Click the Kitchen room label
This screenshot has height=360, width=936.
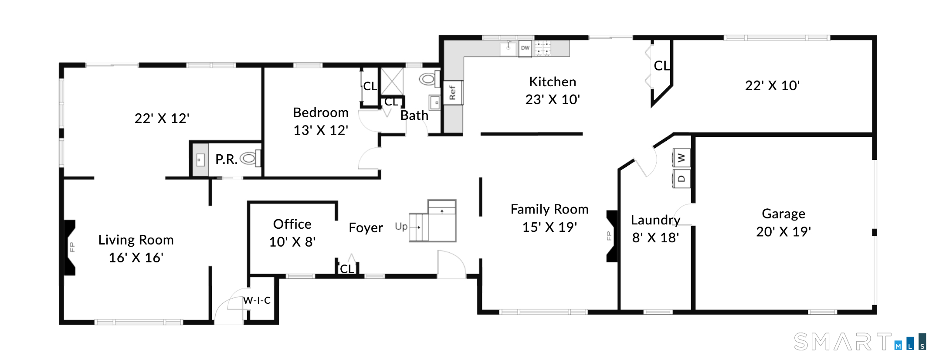pos(553,82)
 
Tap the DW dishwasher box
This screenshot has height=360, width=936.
pos(525,48)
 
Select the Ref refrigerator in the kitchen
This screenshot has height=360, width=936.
pos(453,92)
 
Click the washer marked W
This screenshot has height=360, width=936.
pos(682,158)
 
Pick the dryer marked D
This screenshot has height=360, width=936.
pos(682,179)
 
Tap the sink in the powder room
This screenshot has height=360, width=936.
pos(200,160)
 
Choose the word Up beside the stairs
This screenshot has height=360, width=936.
pos(401,227)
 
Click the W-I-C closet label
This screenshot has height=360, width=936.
pos(257,300)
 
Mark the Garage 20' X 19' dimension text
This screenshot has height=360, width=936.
pos(783,231)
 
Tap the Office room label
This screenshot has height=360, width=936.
pos(292,224)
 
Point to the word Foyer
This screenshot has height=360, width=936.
pos(366,228)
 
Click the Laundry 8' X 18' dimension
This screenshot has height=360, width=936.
pos(655,238)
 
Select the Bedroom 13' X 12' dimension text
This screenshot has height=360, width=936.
pos(321,130)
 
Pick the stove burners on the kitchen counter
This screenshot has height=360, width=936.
pos(543,48)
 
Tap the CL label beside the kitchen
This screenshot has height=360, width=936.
pos(661,66)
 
